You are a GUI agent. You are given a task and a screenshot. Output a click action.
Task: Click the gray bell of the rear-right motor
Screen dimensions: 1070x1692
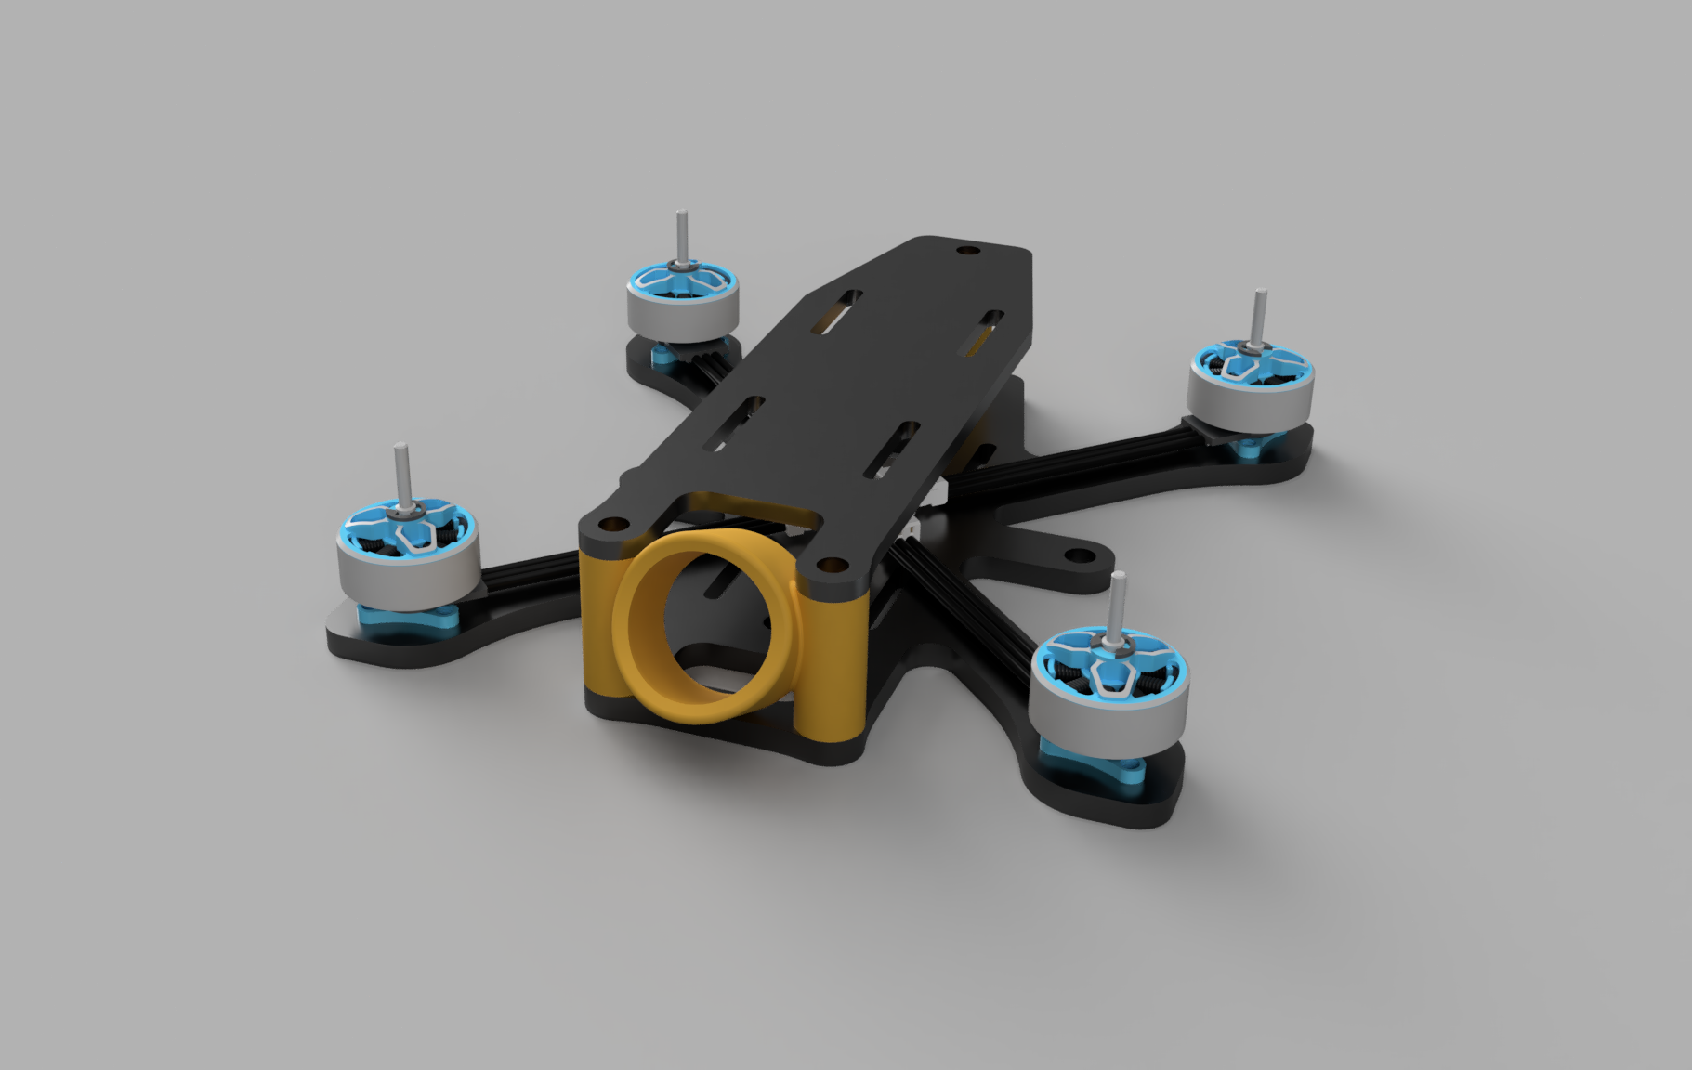point(1252,395)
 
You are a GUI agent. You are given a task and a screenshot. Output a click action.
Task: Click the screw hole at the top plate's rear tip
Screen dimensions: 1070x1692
point(969,251)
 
